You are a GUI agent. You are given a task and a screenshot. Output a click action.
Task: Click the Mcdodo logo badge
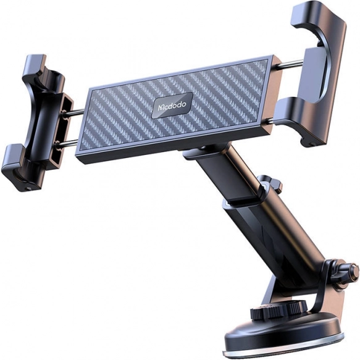click(172, 105)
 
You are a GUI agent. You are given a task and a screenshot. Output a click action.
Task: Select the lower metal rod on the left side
click(67, 143)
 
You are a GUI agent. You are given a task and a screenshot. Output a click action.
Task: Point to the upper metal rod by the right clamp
click(290, 64)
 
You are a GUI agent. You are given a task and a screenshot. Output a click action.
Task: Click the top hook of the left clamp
click(35, 65)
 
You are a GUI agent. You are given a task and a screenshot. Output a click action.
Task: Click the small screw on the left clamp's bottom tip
click(28, 188)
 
